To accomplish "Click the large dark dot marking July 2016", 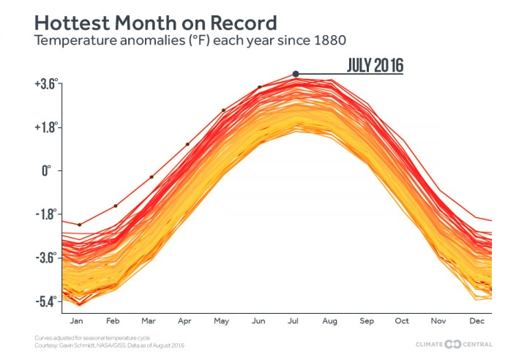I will coord(296,73).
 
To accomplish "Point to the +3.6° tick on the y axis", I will coord(44,84).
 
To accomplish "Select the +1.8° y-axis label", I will coord(44,127).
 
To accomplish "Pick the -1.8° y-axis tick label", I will coord(45,214).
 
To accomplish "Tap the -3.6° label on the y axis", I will coord(45,258).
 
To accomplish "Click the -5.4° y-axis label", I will coord(45,301).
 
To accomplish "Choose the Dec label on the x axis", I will coord(476,320).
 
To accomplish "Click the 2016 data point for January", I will coord(79,225).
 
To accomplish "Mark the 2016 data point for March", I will coord(152,177).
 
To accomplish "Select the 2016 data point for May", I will coord(224,110).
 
